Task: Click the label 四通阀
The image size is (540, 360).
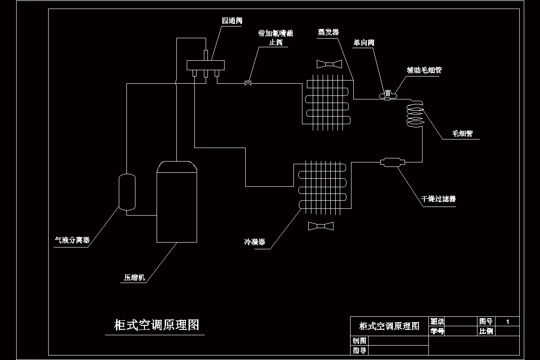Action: point(232,21)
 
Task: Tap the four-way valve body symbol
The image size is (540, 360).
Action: point(206,65)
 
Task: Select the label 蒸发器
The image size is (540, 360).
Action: point(328,32)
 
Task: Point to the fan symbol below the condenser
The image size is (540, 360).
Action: point(320,225)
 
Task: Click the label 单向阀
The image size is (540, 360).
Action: point(364,43)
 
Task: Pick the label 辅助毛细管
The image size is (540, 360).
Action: point(424,70)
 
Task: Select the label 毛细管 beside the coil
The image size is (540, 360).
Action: point(462,134)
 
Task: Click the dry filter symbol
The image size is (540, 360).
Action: point(392,162)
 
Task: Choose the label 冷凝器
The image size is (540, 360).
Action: point(255,242)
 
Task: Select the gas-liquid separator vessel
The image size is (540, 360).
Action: point(126,192)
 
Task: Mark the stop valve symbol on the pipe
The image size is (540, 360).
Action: point(247,83)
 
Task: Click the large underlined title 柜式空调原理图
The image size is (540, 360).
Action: point(157,325)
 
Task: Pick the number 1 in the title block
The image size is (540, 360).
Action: point(508,322)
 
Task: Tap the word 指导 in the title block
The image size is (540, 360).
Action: point(359,351)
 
